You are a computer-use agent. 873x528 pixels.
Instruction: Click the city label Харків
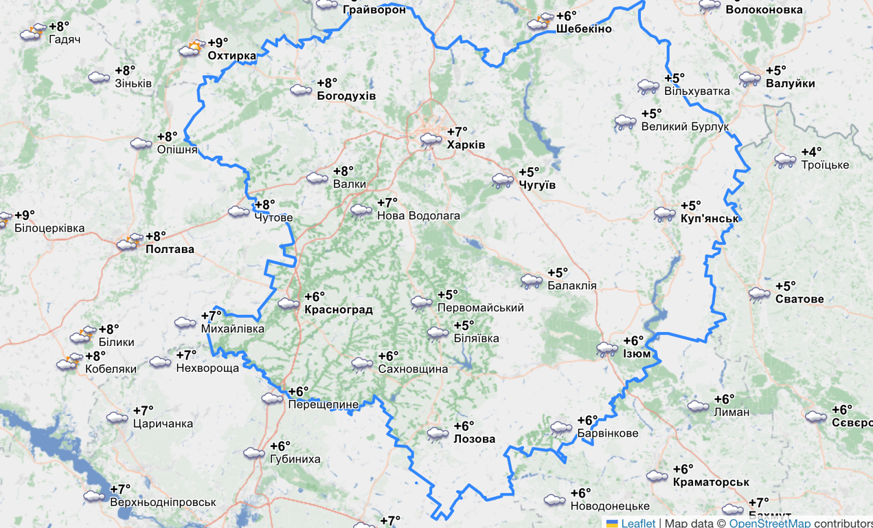tap(466, 145)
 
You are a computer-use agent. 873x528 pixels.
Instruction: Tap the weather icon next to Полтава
tap(128, 242)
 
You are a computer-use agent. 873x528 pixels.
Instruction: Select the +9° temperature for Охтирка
tap(218, 43)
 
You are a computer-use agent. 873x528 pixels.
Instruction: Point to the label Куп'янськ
tap(710, 219)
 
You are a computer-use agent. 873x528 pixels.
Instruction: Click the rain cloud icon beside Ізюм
tap(607, 349)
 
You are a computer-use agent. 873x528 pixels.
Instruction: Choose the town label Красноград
tap(338, 310)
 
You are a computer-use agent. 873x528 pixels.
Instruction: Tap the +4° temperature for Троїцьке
tap(811, 153)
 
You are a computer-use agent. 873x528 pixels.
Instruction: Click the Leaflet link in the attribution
tap(638, 523)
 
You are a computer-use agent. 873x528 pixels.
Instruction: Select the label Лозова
tap(474, 439)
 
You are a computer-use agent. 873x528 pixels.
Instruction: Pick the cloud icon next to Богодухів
tap(301, 89)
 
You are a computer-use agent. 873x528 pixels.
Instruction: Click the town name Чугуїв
tap(537, 186)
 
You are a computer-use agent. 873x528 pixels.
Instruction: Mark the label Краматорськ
tap(711, 482)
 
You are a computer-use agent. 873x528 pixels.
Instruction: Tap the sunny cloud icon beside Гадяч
tap(32, 32)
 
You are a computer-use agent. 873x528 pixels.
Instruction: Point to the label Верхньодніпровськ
tap(163, 503)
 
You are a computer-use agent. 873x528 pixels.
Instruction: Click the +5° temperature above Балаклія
tap(557, 273)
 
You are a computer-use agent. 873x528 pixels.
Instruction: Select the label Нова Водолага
tap(418, 216)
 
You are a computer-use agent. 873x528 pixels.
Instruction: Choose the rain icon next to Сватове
tap(759, 294)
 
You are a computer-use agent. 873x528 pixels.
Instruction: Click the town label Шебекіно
tap(584, 30)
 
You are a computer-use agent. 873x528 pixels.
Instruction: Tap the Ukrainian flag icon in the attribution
tap(611, 523)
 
